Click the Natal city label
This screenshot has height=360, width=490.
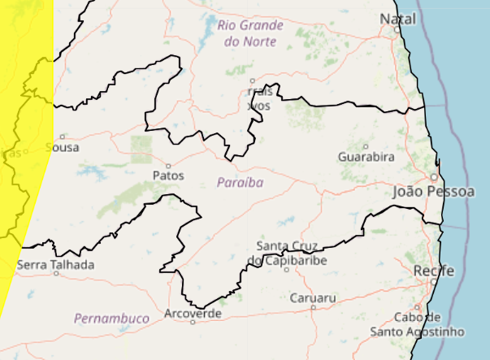pos(397,18)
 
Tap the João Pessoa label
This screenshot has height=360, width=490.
pos(433,192)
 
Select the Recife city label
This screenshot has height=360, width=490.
pos(433,270)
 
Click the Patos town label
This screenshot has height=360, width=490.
pos(168,175)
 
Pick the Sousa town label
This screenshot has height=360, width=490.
pos(64,147)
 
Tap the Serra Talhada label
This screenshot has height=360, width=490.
pos(55,264)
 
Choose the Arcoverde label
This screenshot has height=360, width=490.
pos(193,313)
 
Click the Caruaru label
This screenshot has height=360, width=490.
pos(312,298)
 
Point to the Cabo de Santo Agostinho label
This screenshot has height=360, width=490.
pos(418,324)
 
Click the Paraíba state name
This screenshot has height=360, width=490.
pos(241,183)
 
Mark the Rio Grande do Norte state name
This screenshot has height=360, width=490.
pos(250,32)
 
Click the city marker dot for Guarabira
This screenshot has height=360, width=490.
pos(366,145)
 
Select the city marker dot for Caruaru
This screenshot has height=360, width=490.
pos(313,307)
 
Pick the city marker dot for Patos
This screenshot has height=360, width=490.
pos(168,165)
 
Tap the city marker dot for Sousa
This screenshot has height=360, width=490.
pos(62,137)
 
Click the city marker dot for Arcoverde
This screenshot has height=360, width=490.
pos(193,322)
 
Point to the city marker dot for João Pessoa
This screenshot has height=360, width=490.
pos(434,176)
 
